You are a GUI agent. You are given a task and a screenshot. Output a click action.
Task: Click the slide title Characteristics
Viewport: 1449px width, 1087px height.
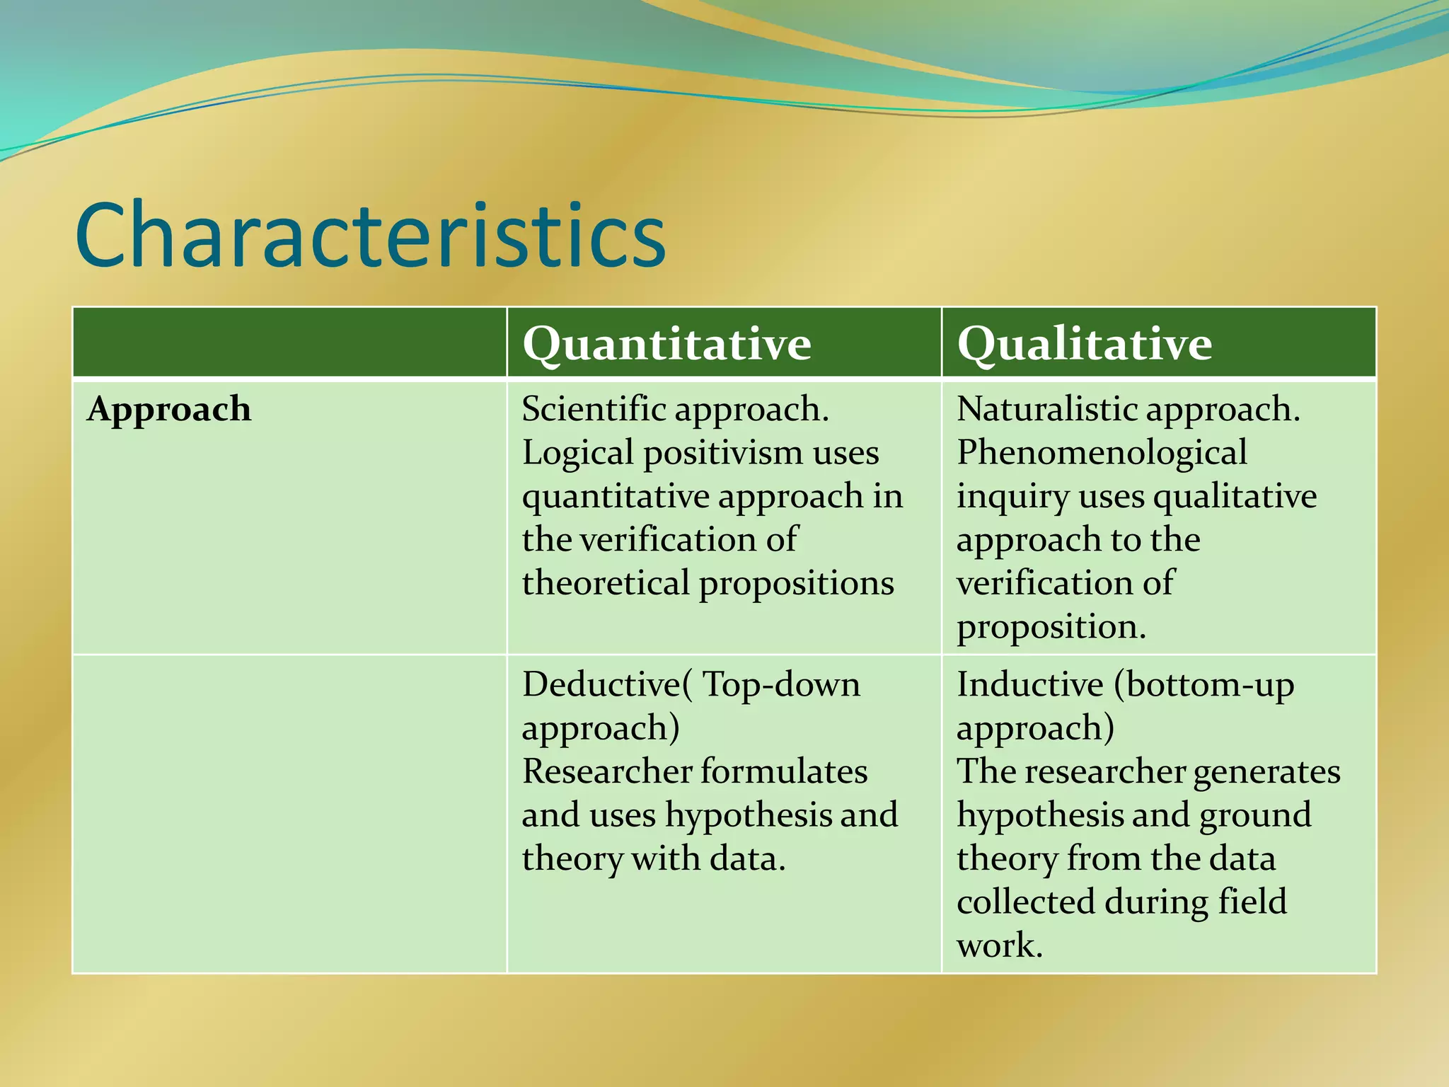[x=369, y=235]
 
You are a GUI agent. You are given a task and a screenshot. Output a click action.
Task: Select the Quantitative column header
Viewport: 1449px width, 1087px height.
[x=666, y=344]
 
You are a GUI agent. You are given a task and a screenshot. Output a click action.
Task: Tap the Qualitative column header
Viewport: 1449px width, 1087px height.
[x=1084, y=344]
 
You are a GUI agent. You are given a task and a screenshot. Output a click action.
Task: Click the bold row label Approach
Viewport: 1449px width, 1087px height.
[x=168, y=410]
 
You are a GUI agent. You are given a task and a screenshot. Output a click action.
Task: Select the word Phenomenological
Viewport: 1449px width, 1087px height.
[x=1102, y=453]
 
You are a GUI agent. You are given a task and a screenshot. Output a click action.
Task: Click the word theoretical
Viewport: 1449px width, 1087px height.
[x=606, y=584]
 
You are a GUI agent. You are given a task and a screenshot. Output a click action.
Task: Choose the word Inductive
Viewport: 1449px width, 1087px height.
[x=1029, y=684]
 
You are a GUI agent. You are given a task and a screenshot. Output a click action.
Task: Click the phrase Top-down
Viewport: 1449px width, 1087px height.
[x=781, y=684]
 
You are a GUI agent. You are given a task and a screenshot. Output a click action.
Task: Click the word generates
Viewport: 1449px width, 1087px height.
[x=1266, y=772]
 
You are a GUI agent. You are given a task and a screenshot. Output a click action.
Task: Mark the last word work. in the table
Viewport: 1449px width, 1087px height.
[x=1000, y=945]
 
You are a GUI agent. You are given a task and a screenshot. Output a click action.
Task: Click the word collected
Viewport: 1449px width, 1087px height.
[x=1025, y=902]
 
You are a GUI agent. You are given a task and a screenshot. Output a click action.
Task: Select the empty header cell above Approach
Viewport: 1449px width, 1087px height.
[x=289, y=343]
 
